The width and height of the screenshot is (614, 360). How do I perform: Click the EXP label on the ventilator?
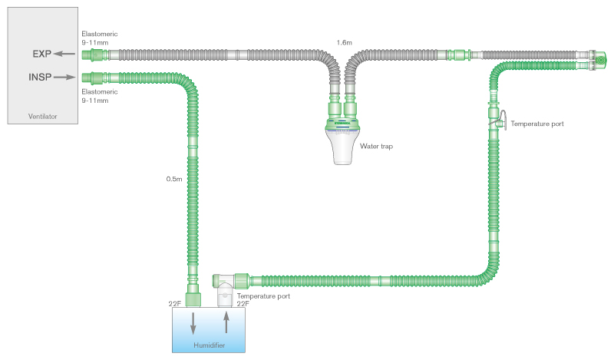pyautogui.click(x=42, y=54)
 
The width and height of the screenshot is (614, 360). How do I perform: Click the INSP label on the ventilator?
pyautogui.click(x=40, y=77)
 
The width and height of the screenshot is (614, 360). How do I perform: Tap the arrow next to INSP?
pyautogui.click(x=64, y=77)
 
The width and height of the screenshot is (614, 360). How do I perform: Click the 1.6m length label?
pyautogui.click(x=345, y=42)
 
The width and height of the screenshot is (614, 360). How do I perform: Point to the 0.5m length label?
pyautogui.click(x=174, y=179)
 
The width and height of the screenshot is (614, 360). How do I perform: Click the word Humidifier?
pyautogui.click(x=210, y=346)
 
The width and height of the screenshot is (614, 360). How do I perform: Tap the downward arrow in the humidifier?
pyautogui.click(x=193, y=322)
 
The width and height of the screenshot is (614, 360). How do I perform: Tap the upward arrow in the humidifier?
pyautogui.click(x=226, y=322)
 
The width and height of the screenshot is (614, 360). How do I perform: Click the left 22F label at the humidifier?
pyautogui.click(x=175, y=304)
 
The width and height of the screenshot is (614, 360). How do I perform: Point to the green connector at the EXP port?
pyautogui.click(x=95, y=54)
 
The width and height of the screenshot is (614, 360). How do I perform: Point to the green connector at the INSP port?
pyautogui.click(x=95, y=77)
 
